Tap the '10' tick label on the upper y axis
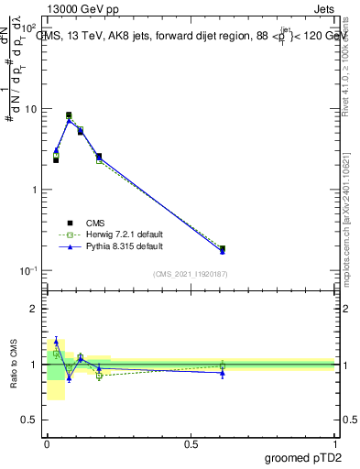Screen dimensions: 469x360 (x=30, y=109)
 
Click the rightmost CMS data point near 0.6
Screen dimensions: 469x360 (x=223, y=248)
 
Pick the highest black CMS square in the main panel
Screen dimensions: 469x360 (x=69, y=115)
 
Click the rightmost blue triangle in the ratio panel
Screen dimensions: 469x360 (x=223, y=373)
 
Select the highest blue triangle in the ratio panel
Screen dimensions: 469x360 (x=56, y=342)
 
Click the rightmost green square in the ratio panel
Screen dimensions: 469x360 (x=223, y=365)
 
